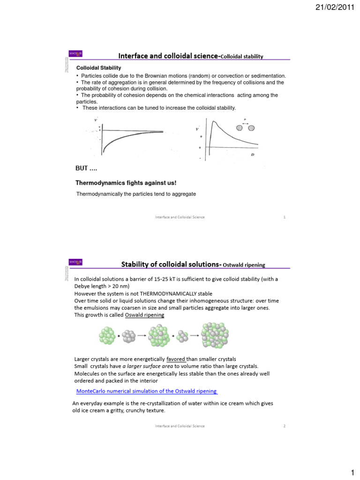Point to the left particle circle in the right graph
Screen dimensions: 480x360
(240, 127)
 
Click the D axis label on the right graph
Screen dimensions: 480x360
(253, 154)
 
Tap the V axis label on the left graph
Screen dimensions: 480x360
(96, 120)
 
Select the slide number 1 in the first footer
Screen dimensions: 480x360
(285, 217)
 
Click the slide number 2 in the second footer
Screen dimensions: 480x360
(285, 426)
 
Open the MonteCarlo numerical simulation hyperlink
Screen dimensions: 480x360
(146, 391)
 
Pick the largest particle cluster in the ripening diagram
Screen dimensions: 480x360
(216, 336)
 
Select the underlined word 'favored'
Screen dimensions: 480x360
(175, 359)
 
